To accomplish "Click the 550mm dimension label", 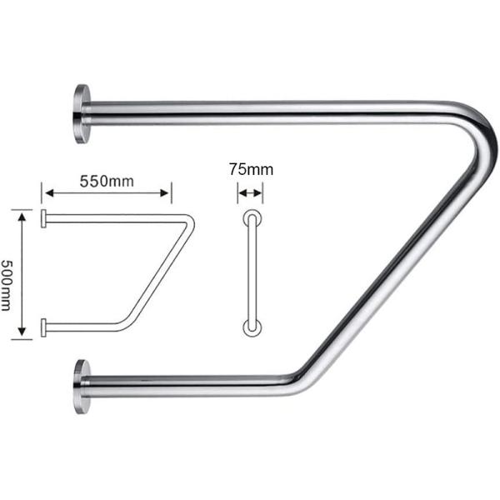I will [107, 180].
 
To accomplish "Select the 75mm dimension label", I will [250, 169].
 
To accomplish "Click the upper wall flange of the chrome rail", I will [81, 113].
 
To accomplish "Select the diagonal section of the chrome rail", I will [392, 267].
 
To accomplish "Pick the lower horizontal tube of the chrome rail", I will [192, 387].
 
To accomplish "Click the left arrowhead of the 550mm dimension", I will [48, 193].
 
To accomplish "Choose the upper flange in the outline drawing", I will [42, 218].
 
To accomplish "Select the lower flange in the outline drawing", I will [42, 326].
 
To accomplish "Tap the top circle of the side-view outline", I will [250, 218].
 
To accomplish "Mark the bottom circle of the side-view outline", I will [250, 327].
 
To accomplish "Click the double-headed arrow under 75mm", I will [250, 193].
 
